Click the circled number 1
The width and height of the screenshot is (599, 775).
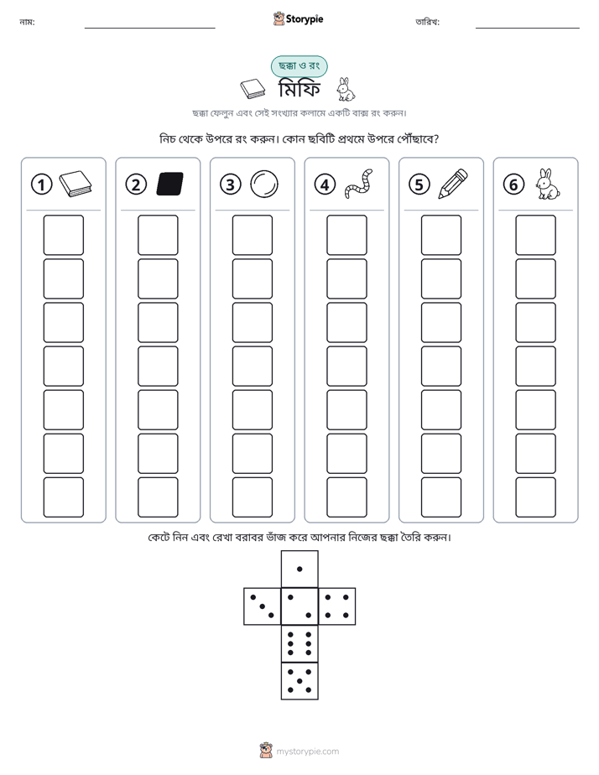pyautogui.click(x=41, y=185)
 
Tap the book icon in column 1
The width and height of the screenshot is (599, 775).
pyautogui.click(x=76, y=185)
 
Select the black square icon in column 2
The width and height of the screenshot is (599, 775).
pyautogui.click(x=170, y=184)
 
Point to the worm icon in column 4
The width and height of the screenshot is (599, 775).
pyautogui.click(x=359, y=185)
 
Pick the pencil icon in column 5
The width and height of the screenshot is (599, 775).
pyautogui.click(x=453, y=185)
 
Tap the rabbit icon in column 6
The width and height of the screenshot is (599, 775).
pyautogui.click(x=548, y=185)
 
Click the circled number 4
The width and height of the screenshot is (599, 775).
pyautogui.click(x=325, y=185)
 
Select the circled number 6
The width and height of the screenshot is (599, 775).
pyautogui.click(x=513, y=185)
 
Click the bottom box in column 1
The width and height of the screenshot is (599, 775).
pyautogui.click(x=63, y=497)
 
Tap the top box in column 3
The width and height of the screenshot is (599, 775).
pyautogui.click(x=252, y=235)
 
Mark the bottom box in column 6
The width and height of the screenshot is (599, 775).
pyautogui.click(x=535, y=497)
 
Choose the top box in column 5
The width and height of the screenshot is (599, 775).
pyautogui.click(x=440, y=235)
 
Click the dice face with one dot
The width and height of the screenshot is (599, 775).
pyautogui.click(x=299, y=569)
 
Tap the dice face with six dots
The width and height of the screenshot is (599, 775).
pyautogui.click(x=299, y=643)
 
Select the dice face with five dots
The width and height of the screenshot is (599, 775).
pyautogui.click(x=299, y=680)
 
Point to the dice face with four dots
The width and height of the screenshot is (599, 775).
pyautogui.click(x=337, y=606)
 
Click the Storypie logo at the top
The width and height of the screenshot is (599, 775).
pyautogui.click(x=298, y=18)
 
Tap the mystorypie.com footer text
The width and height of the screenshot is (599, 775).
pyautogui.click(x=307, y=752)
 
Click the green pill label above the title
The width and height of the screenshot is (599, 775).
pyautogui.click(x=299, y=66)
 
